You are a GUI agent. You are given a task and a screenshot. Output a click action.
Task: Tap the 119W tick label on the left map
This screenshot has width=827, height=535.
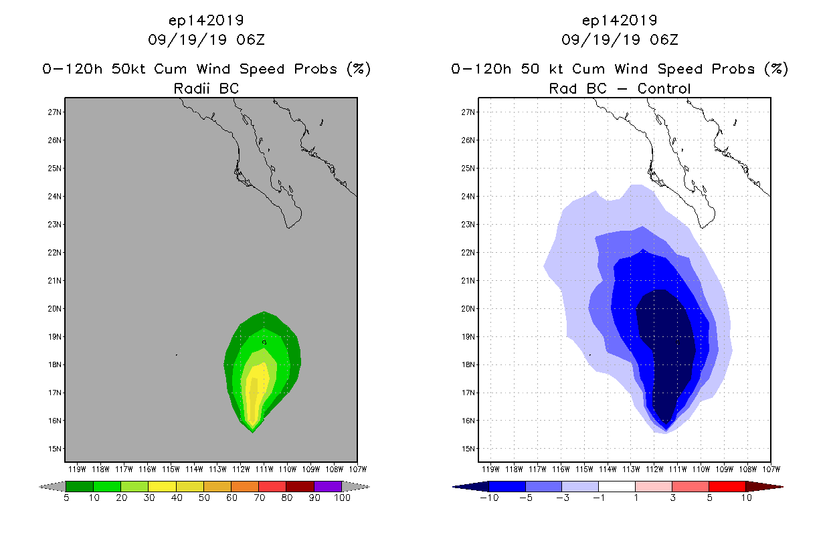pos(77,469)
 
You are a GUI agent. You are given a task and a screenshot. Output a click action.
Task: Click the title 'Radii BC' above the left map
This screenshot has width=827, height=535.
pos(206,88)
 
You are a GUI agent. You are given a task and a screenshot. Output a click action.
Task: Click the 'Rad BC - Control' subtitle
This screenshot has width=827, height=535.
pos(620,88)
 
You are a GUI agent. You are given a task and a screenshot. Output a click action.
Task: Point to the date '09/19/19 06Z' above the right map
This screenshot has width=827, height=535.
pos(620,39)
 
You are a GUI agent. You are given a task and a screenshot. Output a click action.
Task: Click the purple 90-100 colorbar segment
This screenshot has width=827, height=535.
pos(328,486)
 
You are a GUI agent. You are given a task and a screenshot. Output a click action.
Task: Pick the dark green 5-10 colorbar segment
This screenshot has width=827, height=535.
pos(80,486)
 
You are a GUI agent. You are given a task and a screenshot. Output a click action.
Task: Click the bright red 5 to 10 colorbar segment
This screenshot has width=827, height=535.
pos(727,486)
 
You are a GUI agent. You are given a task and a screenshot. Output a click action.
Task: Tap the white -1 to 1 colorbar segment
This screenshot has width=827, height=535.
pos(616,486)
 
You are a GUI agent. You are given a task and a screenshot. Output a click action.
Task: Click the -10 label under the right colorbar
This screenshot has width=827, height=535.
pos(489,498)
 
